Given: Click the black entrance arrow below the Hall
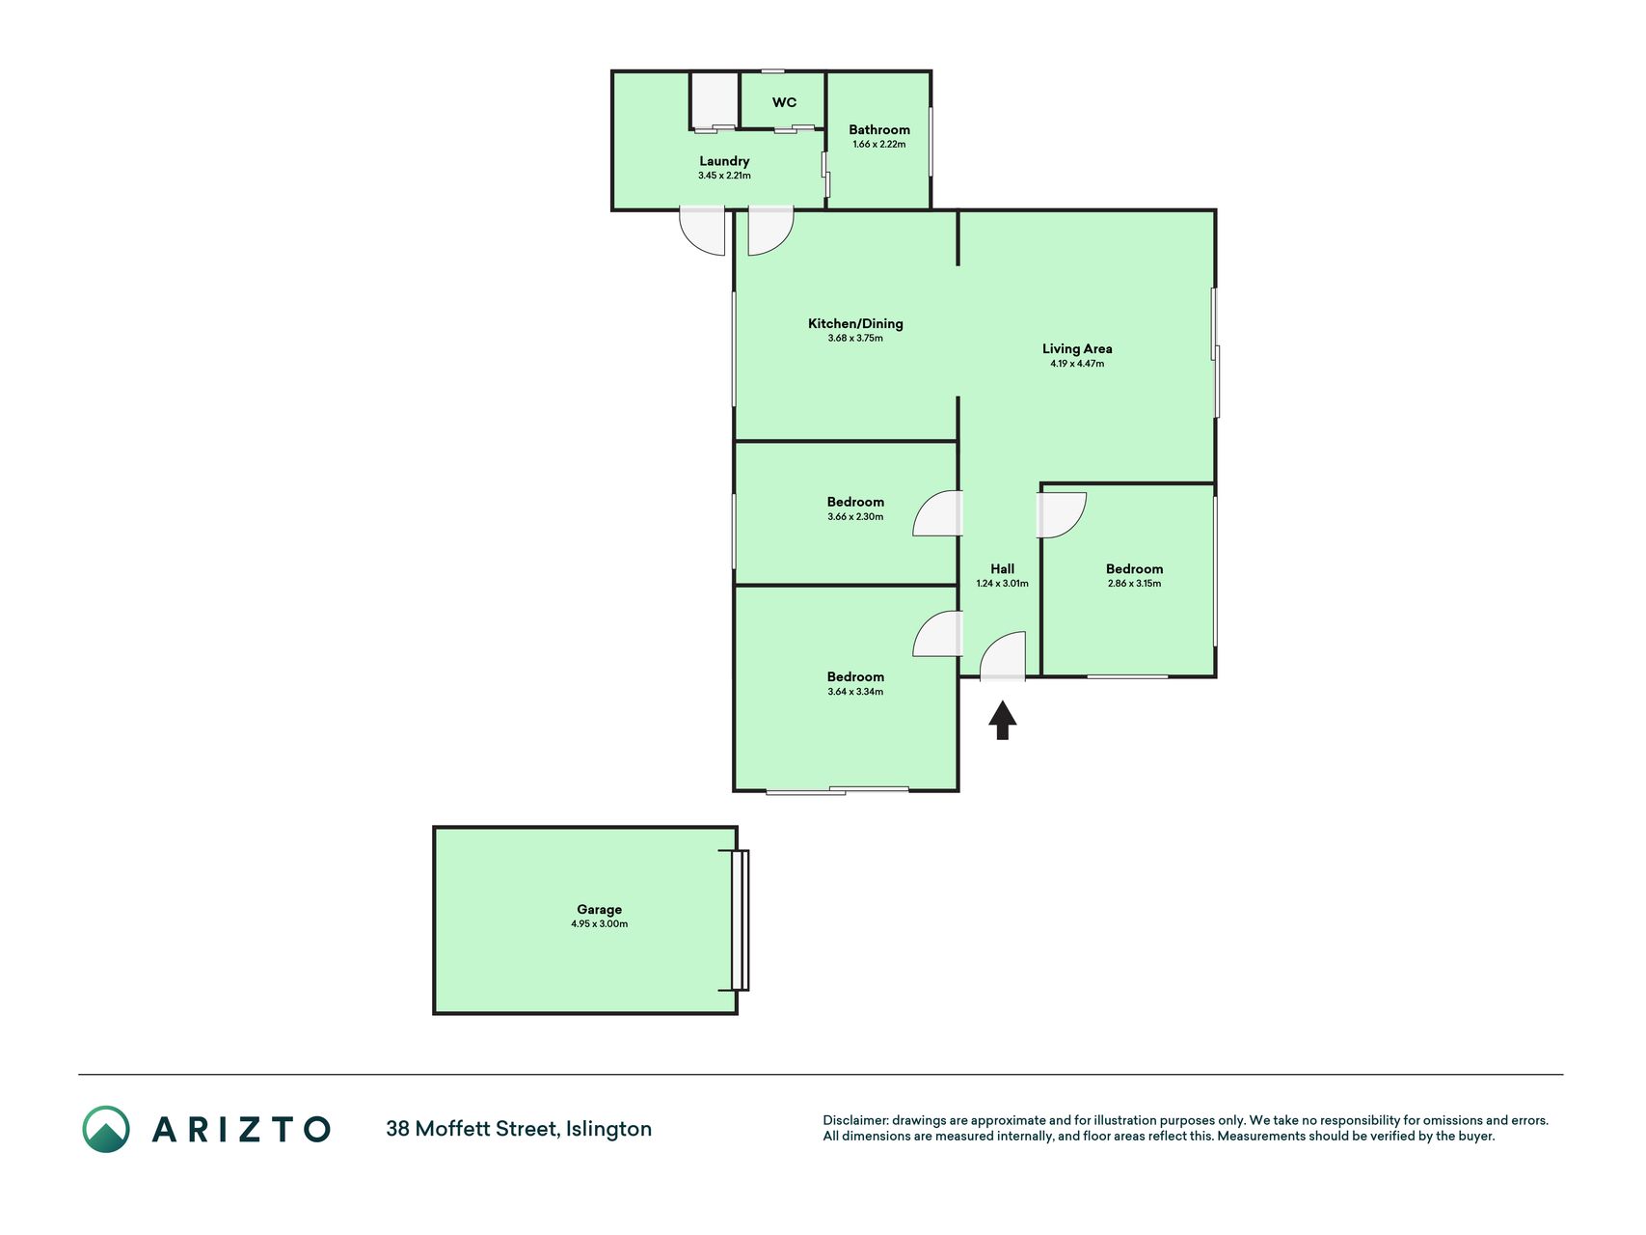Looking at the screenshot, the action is click(1003, 720).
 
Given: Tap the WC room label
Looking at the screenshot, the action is click(784, 102).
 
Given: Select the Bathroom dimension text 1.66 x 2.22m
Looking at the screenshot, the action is click(879, 145).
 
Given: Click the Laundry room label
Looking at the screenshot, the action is click(724, 161).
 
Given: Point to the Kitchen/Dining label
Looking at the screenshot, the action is click(855, 323).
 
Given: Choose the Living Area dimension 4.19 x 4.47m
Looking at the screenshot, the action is click(1077, 364).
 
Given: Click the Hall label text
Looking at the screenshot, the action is click(1002, 568).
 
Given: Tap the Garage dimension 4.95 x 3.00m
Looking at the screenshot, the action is click(599, 924).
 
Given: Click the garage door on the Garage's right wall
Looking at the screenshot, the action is click(740, 920).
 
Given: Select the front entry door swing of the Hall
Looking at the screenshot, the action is click(1003, 656).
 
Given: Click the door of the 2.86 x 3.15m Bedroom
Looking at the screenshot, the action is click(1062, 515).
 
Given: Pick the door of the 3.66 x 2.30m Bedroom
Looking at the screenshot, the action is click(937, 513).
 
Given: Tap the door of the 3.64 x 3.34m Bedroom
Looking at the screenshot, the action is click(937, 634).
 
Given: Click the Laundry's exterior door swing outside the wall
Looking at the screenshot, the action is click(702, 232).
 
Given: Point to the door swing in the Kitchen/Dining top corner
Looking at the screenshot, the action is click(770, 232).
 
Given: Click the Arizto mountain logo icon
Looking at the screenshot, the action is click(106, 1129).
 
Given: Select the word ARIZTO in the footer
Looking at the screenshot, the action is click(241, 1129).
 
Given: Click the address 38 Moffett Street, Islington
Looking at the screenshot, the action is click(519, 1129).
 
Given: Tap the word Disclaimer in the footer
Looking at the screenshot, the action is click(854, 1120).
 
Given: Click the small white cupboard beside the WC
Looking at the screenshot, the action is click(715, 99).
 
